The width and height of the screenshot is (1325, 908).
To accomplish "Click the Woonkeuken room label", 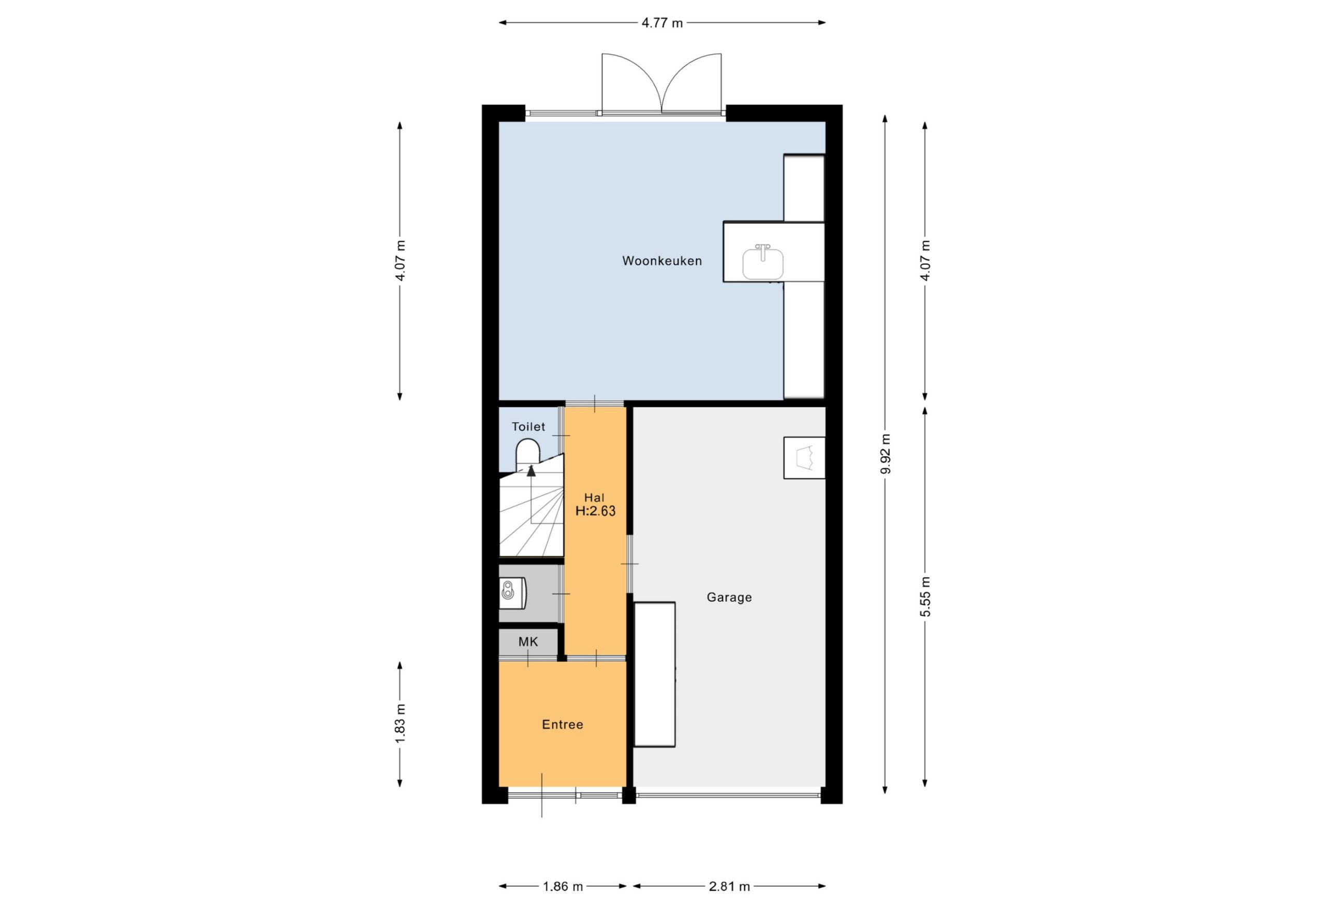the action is [661, 261].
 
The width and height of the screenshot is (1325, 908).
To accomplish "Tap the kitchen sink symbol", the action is [762, 263].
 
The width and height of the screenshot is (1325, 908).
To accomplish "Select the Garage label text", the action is [729, 598].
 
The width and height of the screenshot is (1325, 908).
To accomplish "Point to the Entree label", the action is [562, 724].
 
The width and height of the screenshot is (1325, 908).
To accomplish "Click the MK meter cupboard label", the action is [528, 642].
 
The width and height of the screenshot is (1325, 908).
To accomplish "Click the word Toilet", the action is [528, 426].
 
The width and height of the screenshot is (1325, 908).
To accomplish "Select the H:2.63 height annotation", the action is [595, 511].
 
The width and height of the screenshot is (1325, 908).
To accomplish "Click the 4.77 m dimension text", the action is [662, 23].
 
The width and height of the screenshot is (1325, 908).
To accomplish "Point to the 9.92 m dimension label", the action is [885, 454].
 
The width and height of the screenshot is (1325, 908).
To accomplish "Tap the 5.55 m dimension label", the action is [925, 596].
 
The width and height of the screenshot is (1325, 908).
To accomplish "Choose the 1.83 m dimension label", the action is [400, 723].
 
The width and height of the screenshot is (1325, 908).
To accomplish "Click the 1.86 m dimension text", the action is [563, 886].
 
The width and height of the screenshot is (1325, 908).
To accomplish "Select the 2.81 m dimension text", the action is [729, 886].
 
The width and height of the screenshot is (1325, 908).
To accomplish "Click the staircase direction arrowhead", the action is [532, 470].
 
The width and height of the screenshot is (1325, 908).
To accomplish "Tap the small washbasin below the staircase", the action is [512, 593].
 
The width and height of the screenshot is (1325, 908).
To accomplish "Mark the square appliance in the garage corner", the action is [804, 458].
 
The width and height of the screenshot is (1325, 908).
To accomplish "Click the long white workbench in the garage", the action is [655, 674].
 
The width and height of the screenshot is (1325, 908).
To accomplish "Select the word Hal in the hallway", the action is [594, 498].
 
